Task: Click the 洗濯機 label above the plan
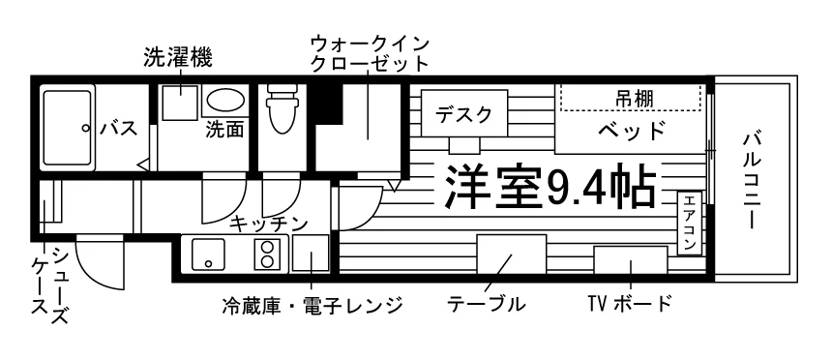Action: point(177,57)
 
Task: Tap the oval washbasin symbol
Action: point(225,100)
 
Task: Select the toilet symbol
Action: point(282,108)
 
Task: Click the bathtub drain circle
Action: point(85,128)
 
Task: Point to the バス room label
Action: point(119,128)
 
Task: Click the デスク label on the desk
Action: point(464,113)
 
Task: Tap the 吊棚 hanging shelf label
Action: point(634,99)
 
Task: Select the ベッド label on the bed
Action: point(632,130)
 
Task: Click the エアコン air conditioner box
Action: point(689,223)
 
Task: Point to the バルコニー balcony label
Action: point(750,180)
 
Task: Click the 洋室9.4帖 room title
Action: point(550,186)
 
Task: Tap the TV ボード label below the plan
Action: point(629,304)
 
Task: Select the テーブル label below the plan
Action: point(487,304)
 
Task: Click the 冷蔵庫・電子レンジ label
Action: point(312,305)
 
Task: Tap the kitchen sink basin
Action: point(209,254)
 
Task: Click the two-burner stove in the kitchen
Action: point(267,254)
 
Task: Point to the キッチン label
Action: point(271,224)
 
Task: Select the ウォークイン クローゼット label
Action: point(370,52)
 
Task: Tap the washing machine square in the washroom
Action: point(179,102)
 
